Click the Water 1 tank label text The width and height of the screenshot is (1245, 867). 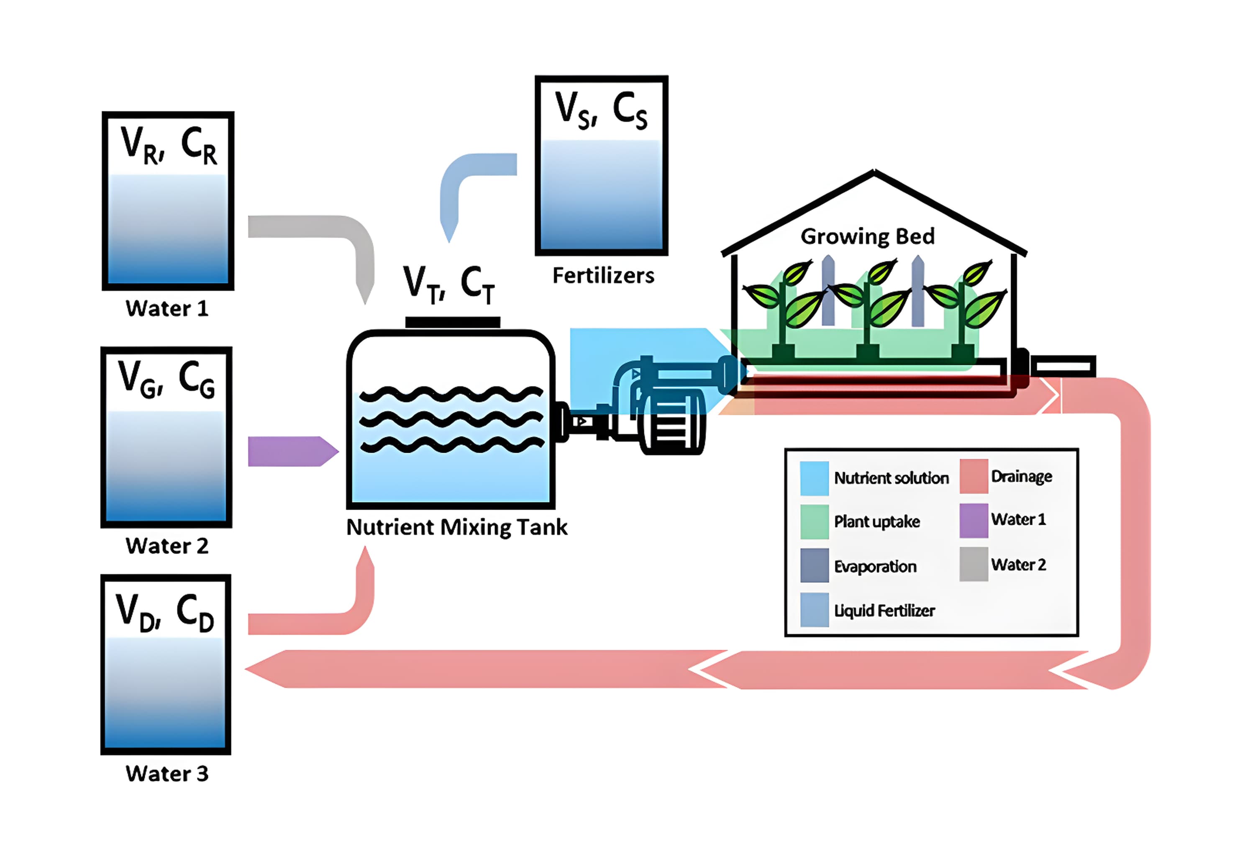167,308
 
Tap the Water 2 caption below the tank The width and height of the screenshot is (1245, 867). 167,546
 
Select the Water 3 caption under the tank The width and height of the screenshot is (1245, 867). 167,774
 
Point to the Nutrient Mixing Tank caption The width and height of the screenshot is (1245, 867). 456,527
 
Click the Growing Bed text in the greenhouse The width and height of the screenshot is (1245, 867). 868,236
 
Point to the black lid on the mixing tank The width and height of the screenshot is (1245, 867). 453,322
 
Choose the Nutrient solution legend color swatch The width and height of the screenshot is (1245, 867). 815,478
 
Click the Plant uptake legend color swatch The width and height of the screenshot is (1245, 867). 815,522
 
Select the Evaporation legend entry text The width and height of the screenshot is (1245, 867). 875,567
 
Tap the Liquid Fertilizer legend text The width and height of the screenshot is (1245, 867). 884,611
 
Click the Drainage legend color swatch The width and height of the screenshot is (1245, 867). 973,477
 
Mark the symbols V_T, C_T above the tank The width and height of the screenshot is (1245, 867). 448,284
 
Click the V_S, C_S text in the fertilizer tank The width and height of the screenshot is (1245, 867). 601,110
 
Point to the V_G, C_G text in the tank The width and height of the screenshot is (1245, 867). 167,379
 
